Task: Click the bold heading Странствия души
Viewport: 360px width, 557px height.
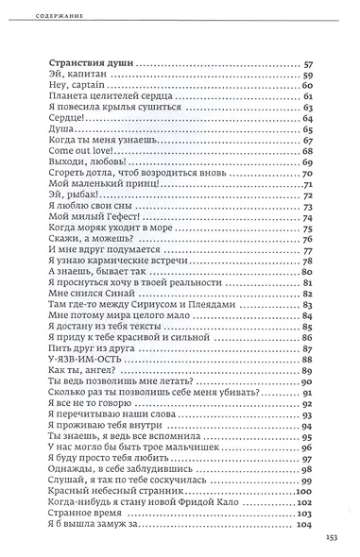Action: pyautogui.click(x=89, y=63)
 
